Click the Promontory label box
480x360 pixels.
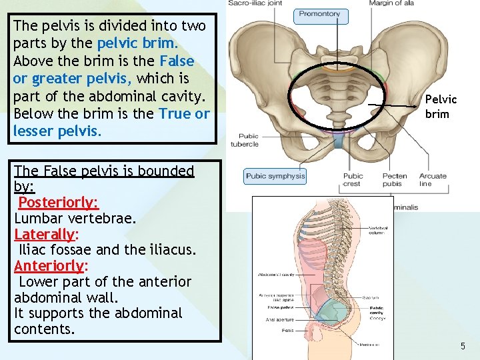[x=319, y=13]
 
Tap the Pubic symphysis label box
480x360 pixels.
[x=275, y=176]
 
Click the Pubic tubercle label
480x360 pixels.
[x=245, y=140]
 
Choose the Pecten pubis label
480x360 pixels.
[x=395, y=180]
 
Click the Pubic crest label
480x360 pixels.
[x=353, y=180]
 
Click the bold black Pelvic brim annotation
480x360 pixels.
[x=441, y=106]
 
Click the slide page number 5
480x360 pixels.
[x=463, y=346]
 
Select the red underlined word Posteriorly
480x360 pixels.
[x=58, y=202]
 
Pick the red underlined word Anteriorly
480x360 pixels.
[x=49, y=266]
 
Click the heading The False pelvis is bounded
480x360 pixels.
[x=103, y=171]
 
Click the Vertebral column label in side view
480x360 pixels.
[x=377, y=230]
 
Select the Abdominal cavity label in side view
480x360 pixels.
[x=276, y=274]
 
